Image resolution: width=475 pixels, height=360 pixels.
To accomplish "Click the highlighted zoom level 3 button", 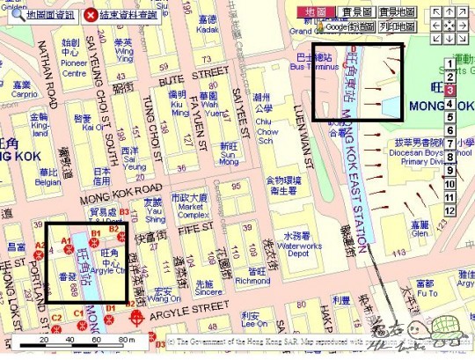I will tap(449, 89).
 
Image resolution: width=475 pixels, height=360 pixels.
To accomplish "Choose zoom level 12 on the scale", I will tap(449, 211).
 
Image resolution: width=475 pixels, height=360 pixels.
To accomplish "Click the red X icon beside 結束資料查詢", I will tap(91, 15).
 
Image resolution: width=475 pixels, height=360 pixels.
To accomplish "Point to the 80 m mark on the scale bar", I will tap(126, 341).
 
